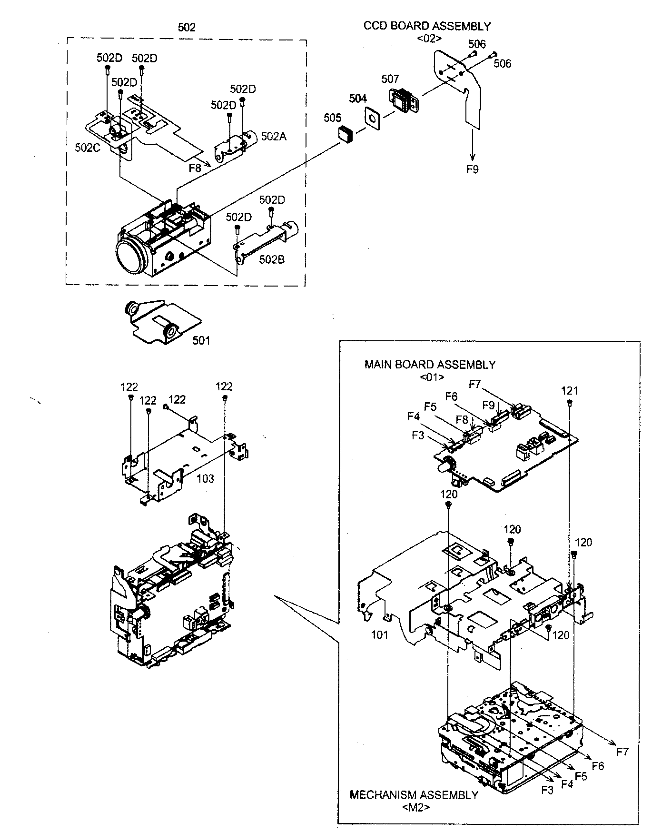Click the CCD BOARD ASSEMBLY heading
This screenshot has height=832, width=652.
point(426,26)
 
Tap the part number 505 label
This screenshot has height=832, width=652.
point(333,118)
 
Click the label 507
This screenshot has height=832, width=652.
point(390,79)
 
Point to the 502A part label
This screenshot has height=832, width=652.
point(274,137)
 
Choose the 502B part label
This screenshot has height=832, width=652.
point(272,260)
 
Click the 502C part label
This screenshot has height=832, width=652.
point(88,148)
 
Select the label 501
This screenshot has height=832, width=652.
point(201,340)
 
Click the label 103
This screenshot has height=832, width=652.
point(206,479)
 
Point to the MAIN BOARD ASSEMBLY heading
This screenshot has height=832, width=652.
point(430,365)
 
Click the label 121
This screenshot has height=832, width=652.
point(569,391)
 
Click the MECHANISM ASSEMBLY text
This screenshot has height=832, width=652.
point(414,795)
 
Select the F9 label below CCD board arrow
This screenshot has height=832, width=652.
point(472,169)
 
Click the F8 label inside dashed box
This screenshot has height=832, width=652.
point(194,167)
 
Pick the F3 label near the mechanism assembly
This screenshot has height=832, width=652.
point(548,790)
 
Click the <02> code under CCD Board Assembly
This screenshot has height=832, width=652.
point(429,39)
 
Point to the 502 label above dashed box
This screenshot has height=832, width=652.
point(186,28)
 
